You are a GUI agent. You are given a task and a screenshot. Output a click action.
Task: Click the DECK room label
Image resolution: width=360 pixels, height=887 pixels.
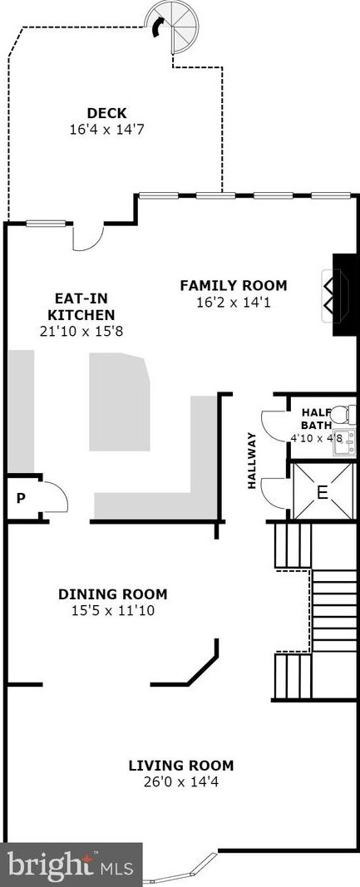[x=107, y=113]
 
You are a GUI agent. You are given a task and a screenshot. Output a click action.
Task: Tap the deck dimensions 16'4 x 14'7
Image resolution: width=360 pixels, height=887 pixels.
[x=107, y=130]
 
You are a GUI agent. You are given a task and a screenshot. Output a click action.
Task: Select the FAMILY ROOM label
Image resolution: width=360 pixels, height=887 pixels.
[x=233, y=286]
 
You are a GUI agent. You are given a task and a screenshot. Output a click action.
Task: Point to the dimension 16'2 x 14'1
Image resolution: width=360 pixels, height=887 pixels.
[x=234, y=303]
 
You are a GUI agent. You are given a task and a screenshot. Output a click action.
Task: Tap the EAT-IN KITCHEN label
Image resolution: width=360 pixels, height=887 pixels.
[x=81, y=307]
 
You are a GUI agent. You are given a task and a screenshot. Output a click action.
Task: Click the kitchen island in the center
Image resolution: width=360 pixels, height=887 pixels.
[x=120, y=402]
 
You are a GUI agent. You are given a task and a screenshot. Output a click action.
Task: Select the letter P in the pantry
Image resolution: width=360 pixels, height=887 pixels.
[x=21, y=499]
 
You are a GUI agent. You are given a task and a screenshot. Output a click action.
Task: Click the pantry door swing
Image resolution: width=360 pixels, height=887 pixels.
[x=55, y=496]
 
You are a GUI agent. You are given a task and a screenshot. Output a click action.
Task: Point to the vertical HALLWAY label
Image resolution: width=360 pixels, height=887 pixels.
[x=251, y=461]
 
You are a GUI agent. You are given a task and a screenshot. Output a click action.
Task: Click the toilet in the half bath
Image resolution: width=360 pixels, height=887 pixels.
[x=343, y=413]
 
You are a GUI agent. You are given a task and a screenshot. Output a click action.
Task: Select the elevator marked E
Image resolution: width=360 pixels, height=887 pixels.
[x=323, y=491]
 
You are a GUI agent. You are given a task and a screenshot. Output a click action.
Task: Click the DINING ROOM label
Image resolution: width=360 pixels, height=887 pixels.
[x=112, y=594]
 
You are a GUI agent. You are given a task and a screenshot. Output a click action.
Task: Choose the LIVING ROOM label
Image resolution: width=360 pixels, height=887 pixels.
[x=180, y=766]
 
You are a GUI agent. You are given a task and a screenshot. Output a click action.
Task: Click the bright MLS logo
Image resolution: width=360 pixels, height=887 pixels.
[x=70, y=865]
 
